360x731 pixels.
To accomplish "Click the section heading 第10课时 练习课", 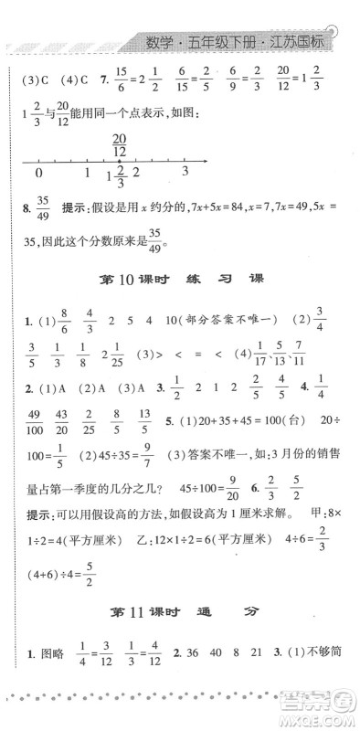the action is click(x=179, y=302).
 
